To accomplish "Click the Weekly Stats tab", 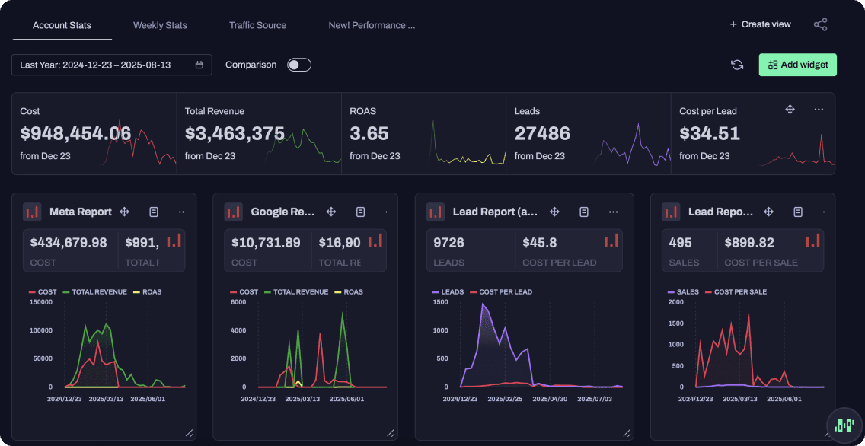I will (160, 25).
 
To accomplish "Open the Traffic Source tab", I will (257, 25).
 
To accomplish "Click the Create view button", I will (760, 24).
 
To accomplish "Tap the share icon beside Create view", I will (820, 24).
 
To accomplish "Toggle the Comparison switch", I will (298, 65).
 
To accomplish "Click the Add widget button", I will (797, 65).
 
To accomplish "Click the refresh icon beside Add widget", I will (737, 65).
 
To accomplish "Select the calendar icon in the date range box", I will (199, 65).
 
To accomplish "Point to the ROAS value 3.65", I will (369, 134).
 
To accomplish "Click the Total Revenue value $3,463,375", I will (235, 134).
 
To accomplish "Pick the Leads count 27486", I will (542, 134).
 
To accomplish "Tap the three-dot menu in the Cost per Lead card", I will (819, 110).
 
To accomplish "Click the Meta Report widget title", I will (81, 212).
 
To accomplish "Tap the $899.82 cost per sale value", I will (749, 243).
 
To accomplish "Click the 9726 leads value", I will (449, 243).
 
